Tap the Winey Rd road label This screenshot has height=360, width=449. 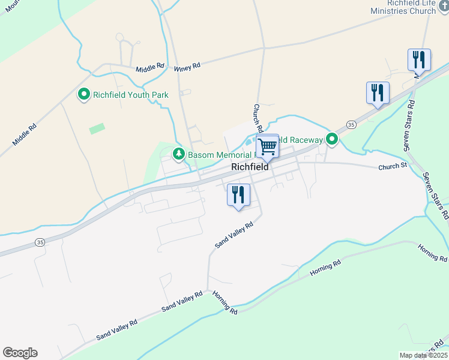[187, 68]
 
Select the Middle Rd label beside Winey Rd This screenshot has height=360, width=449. [149, 68]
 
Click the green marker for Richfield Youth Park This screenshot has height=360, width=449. [85, 94]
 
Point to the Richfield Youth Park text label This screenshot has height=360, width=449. [130, 95]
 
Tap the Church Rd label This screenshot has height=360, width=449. [258, 118]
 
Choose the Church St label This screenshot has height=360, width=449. [393, 166]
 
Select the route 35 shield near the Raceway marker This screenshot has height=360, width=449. [352, 124]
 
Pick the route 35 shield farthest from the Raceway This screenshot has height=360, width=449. [40, 242]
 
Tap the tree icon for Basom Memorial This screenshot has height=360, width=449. [178, 154]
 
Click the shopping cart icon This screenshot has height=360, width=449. [267, 146]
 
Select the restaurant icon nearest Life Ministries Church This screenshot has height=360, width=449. [418, 60]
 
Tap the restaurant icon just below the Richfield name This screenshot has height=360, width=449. [238, 195]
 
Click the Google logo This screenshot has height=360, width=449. [20, 353]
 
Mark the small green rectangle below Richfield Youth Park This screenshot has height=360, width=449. [97, 128]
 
